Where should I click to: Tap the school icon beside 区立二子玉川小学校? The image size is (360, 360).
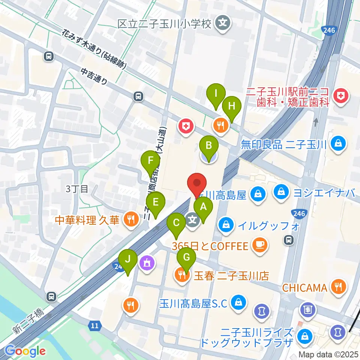pyautogui.click(x=223, y=24)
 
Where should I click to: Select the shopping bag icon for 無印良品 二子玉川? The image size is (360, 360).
pyautogui.click(x=339, y=144)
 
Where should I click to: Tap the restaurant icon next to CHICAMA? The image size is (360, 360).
pyautogui.click(x=339, y=288)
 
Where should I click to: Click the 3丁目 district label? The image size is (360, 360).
pyautogui.click(x=76, y=189)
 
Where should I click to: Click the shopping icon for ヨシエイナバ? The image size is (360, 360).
pyautogui.click(x=281, y=193)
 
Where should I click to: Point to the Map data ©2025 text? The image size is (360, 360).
pyautogui.click(x=329, y=354)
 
